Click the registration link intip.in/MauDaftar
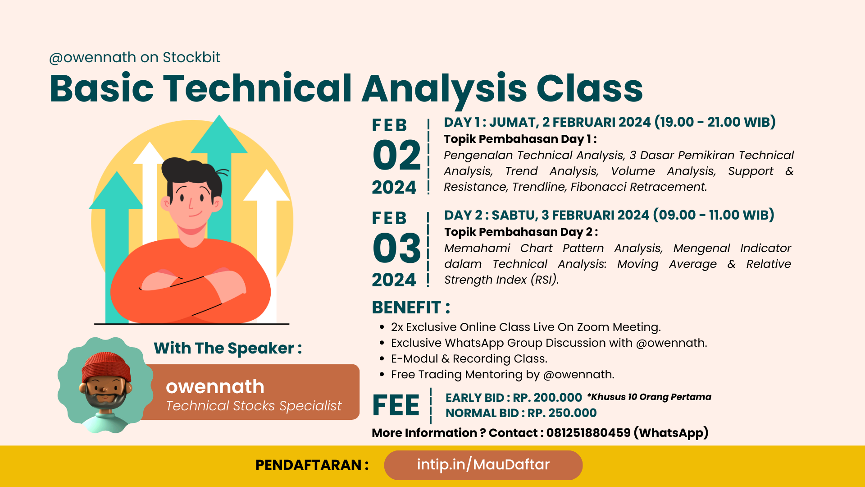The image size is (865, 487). pos(483,464)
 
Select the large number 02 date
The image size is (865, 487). pos(396,155)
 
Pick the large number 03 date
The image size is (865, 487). pos(396,248)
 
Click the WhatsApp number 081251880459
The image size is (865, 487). pos(588,432)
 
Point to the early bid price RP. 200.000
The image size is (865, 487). pos(547,398)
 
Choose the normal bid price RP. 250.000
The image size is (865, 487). pos(562,413)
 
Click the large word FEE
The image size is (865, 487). pos(396,405)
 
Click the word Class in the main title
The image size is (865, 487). pos(590,88)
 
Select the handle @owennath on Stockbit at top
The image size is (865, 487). pos(135,57)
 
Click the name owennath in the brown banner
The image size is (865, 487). pos(215,386)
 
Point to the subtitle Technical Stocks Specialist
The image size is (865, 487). pos(254,406)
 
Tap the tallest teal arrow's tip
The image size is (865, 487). pos(219,115)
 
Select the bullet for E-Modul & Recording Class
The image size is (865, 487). pos(382,359)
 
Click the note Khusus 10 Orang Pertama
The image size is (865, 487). pos(649,397)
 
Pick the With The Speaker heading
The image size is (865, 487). pos(228,348)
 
